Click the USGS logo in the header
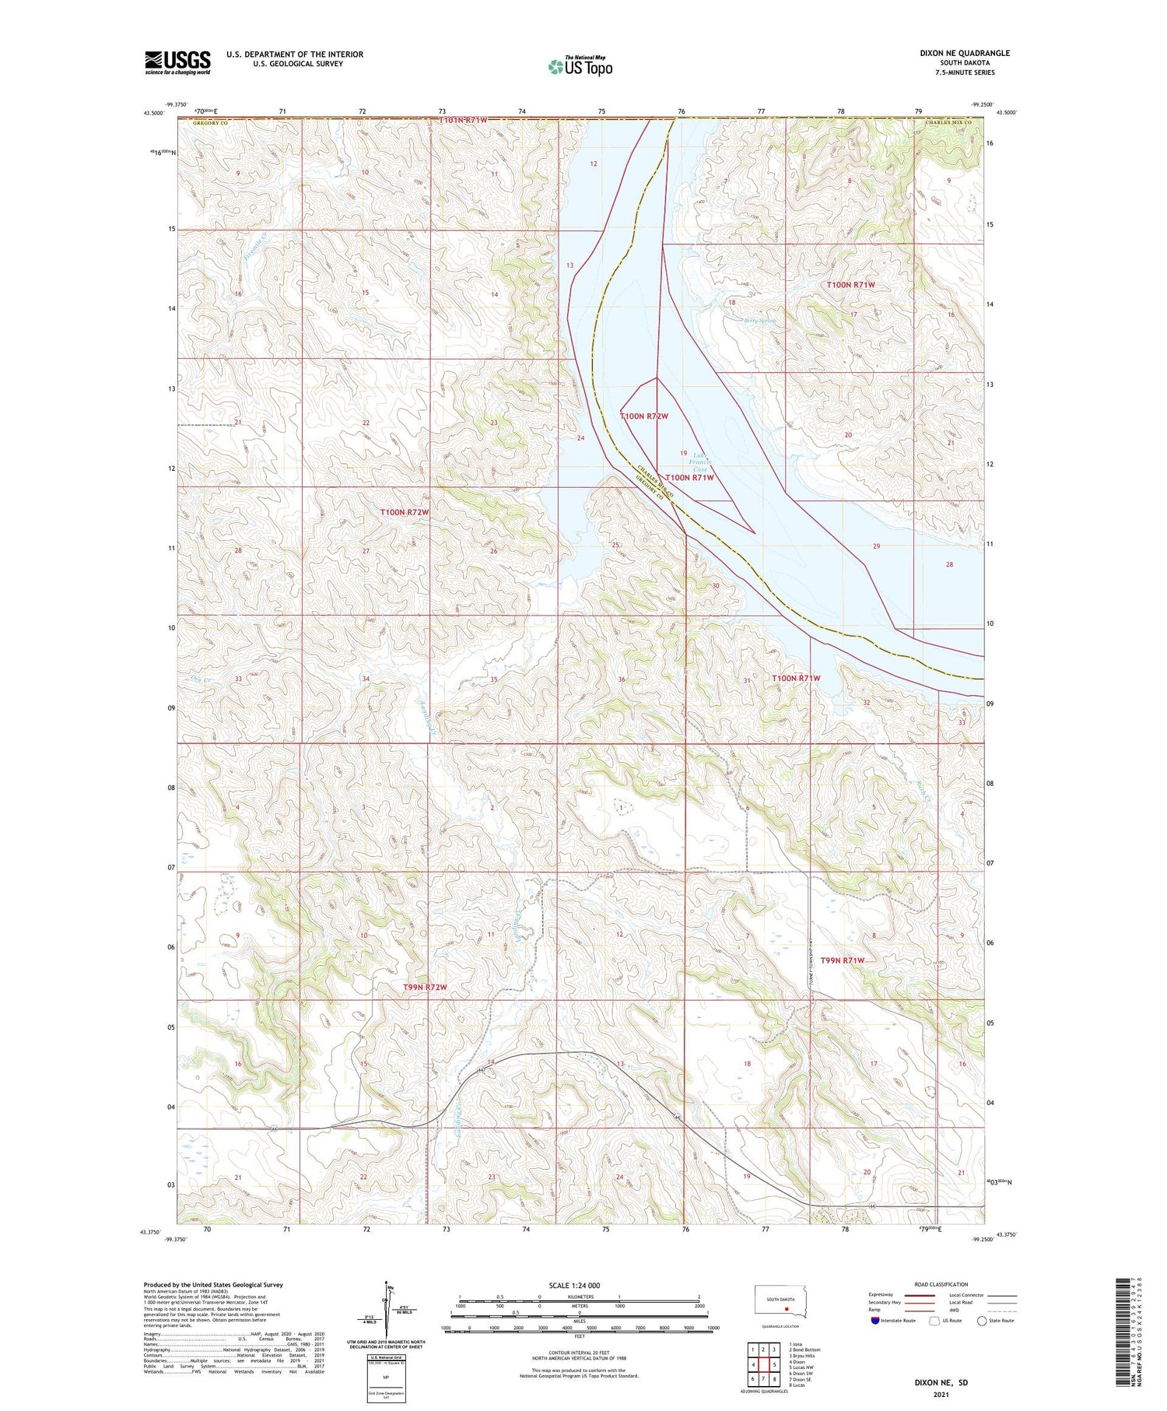coord(177,62)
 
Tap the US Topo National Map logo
coord(580,67)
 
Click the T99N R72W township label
coord(425,987)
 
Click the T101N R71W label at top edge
coord(463,120)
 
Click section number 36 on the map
coord(622,679)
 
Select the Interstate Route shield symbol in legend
coord(876,1321)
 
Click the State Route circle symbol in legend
coord(982,1321)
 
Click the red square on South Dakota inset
coord(787,1308)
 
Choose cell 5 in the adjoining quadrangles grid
coord(774,1364)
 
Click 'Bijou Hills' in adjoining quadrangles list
coord(802,1356)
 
